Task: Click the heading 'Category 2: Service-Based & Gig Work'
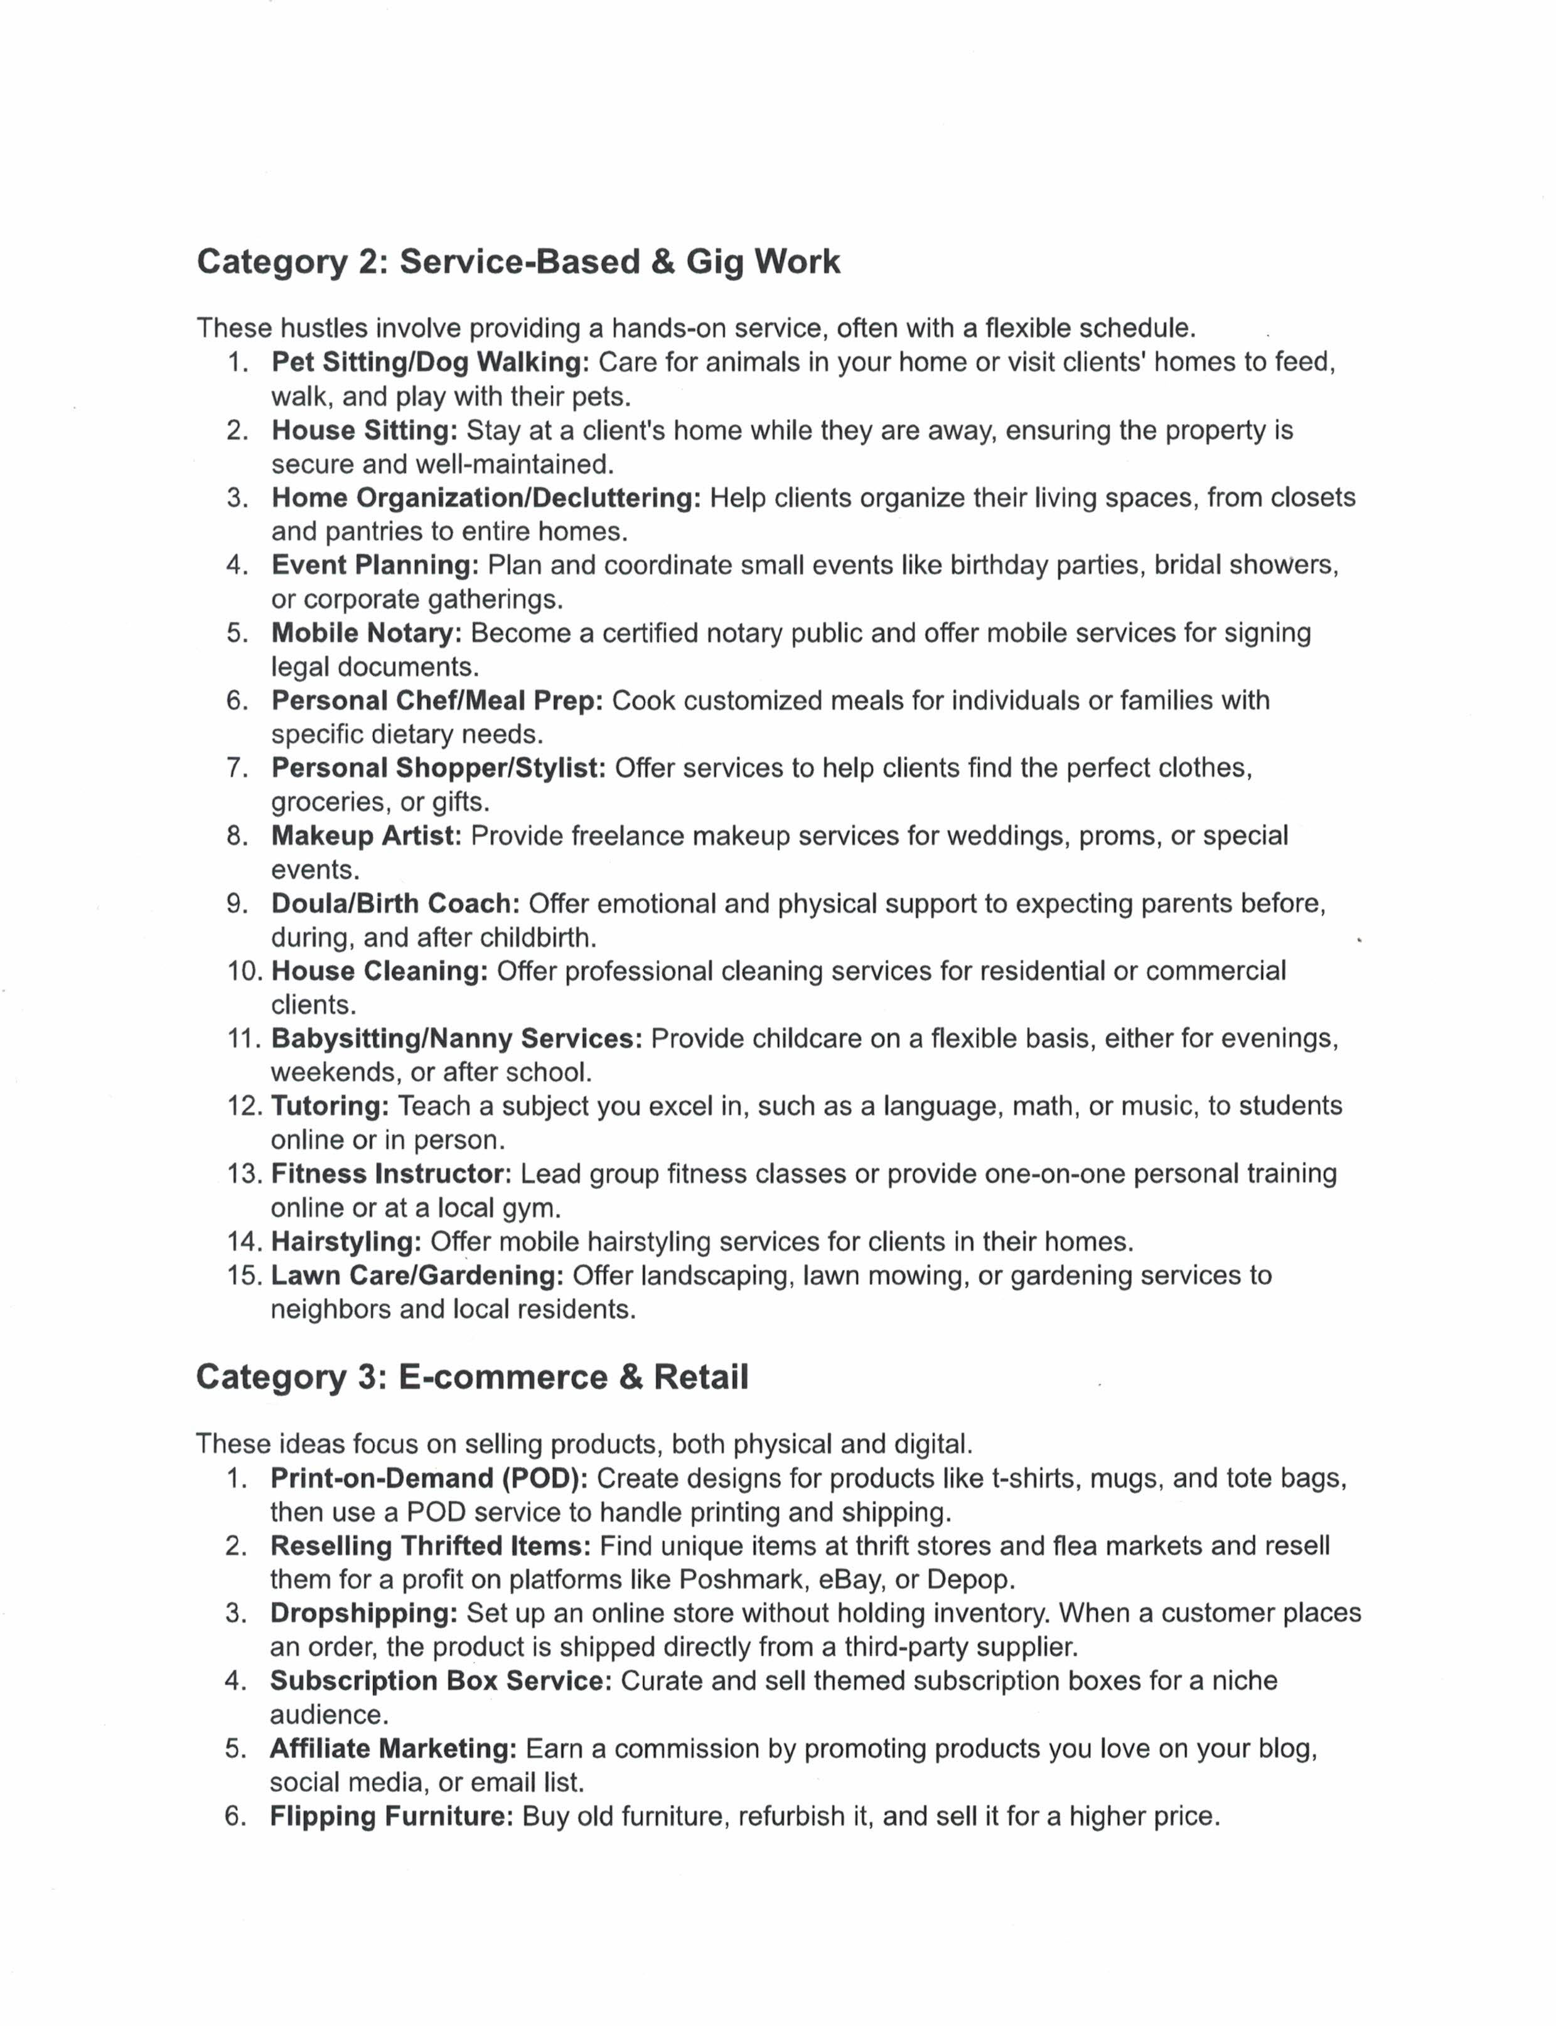(x=518, y=262)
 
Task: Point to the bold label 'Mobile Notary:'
(x=366, y=633)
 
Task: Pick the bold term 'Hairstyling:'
(x=346, y=1242)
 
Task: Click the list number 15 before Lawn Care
(x=245, y=1276)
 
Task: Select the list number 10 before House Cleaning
(x=245, y=971)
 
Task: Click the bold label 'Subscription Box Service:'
(x=441, y=1681)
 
